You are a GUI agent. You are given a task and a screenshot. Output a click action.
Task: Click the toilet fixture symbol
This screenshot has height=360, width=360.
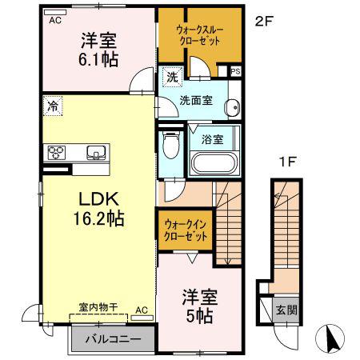171,145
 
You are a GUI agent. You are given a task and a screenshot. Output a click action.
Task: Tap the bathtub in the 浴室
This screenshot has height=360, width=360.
214,163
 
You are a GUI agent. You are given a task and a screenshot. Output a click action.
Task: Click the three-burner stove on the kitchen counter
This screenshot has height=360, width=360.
57,153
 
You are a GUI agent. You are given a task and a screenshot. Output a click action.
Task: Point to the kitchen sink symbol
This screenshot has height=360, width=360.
96,153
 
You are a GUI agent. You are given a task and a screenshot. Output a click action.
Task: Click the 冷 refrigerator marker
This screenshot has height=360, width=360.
53,106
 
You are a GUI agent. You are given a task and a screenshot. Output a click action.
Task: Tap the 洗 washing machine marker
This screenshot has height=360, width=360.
172,77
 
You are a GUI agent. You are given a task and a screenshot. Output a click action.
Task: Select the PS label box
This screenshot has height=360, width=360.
235,71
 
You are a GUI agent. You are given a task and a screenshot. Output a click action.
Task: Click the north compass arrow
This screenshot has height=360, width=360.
330,338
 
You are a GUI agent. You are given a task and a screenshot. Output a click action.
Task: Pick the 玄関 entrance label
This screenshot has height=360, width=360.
286,310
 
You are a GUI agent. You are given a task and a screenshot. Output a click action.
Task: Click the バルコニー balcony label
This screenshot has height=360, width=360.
113,339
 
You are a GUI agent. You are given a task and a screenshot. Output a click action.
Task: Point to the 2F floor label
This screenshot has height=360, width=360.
264,22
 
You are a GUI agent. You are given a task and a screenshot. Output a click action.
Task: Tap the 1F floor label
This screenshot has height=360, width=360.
287,162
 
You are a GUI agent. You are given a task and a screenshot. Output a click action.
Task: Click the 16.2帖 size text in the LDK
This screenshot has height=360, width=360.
99,218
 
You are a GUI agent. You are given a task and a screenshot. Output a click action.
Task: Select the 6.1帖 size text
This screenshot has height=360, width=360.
98,59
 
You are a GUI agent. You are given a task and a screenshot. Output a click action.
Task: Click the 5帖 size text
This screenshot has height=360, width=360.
199,316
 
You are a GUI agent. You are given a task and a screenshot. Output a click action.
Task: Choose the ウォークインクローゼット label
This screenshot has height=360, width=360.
186,230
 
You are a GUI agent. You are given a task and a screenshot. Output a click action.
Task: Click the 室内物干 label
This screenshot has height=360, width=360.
98,307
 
